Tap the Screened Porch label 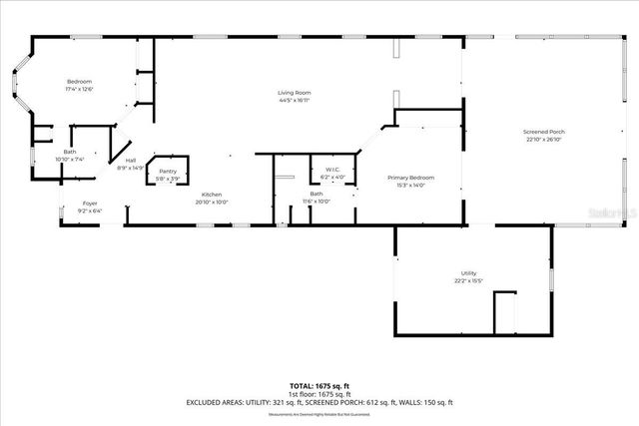[544, 132]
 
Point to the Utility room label [468, 273]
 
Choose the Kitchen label [212, 194]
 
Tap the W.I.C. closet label [331, 170]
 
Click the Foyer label [90, 204]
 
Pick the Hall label [131, 160]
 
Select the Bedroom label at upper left [80, 81]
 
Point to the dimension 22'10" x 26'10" [544, 140]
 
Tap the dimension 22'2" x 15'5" [468, 281]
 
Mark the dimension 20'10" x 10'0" [212, 202]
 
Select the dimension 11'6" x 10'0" [317, 202]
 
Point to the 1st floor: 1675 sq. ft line [319, 393]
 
